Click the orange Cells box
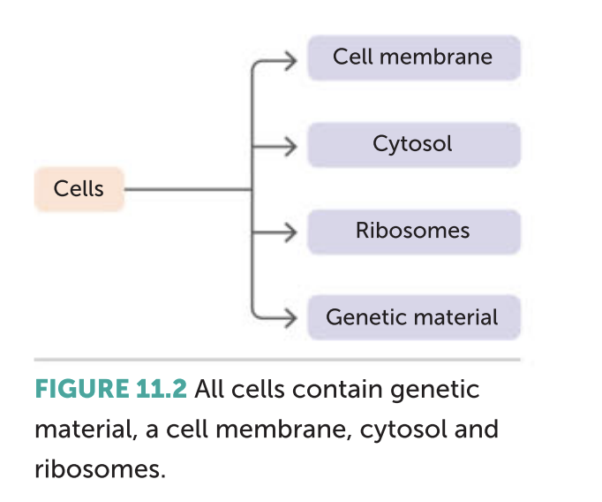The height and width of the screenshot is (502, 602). click(79, 189)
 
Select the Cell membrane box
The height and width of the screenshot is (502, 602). click(414, 57)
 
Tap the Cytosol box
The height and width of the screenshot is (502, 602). click(414, 145)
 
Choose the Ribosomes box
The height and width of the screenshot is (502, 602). click(414, 232)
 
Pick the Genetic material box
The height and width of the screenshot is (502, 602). click(414, 317)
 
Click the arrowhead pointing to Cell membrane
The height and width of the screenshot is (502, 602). click(291, 61)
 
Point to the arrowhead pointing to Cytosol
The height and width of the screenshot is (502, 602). click(291, 147)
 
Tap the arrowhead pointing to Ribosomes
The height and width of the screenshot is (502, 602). click(291, 232)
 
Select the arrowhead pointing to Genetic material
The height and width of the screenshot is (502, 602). click(291, 318)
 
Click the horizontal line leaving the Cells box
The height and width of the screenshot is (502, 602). click(188, 189)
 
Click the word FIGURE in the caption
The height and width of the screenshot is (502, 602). click(82, 389)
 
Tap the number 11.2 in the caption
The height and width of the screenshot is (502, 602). click(162, 389)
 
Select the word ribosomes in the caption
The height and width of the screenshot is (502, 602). click(100, 468)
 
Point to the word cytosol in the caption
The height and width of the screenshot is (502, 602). click(403, 430)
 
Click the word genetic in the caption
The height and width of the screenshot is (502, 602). click(434, 391)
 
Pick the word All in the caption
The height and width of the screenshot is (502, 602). click(209, 389)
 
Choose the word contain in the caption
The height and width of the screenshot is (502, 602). click(337, 389)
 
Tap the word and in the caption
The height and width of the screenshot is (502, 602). click(477, 429)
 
